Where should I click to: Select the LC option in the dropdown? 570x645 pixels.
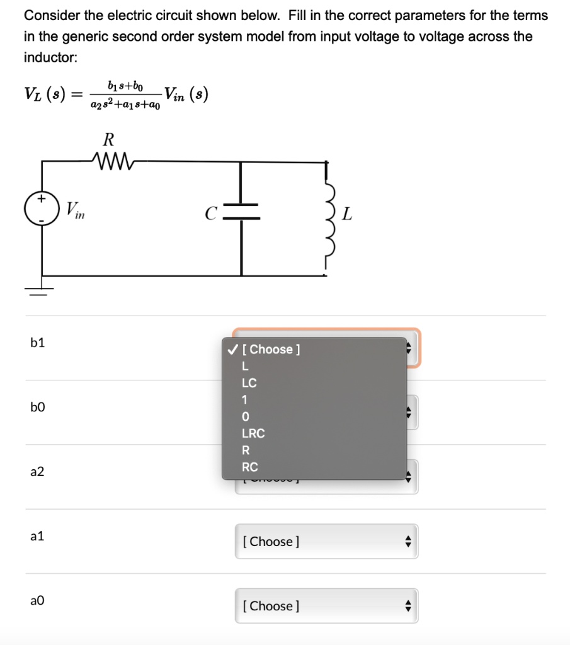(249, 383)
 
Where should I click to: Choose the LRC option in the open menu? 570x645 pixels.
(253, 433)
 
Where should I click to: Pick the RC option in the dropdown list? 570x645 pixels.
(250, 467)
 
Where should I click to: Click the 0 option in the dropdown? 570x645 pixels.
(246, 417)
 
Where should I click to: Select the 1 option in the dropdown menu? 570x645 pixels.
(246, 399)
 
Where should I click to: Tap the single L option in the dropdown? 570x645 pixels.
(246, 366)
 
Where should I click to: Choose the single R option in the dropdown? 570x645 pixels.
(246, 450)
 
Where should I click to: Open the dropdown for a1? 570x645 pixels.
(326, 541)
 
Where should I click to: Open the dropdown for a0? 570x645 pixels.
(326, 606)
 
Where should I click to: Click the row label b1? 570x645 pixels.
(38, 343)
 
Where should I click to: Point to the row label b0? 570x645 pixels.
(38, 408)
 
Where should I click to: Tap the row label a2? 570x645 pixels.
(38, 472)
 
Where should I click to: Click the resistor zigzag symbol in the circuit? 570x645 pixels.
(112, 161)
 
